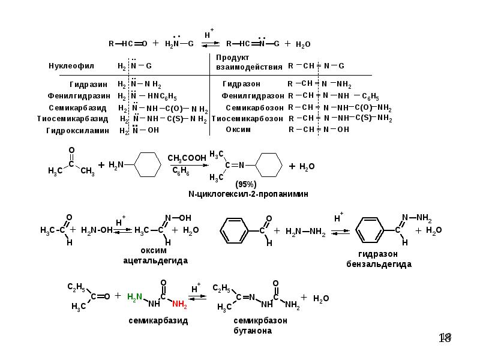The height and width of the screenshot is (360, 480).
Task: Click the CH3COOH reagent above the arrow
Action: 187,158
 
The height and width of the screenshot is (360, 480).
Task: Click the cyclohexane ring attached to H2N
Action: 148,164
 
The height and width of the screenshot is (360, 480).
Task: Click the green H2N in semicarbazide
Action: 134,296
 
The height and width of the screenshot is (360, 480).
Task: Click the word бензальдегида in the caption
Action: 379,264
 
